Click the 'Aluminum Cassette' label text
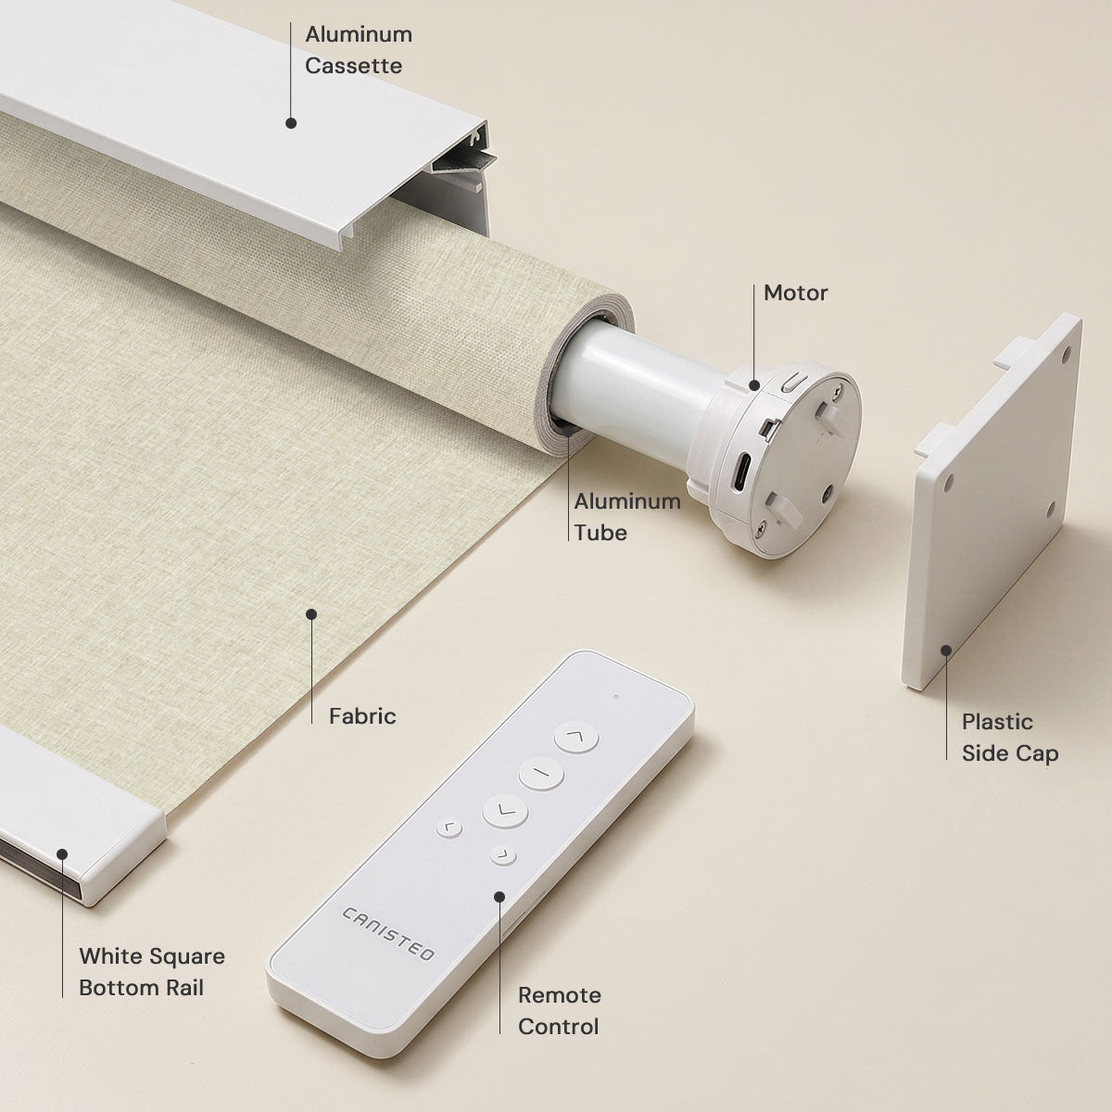[x=359, y=50]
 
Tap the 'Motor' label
[x=795, y=293]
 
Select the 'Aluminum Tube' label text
[x=627, y=517]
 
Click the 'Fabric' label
[x=362, y=716]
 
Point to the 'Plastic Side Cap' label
[x=1010, y=738]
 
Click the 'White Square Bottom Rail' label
[x=152, y=972]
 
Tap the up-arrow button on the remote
[x=575, y=737]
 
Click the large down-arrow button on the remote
[x=505, y=811]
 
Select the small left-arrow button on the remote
[x=449, y=828]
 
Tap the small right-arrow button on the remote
[x=503, y=856]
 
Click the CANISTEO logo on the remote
[x=387, y=933]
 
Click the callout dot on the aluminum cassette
[x=291, y=123]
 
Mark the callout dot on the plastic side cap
[x=946, y=651]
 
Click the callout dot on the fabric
[x=311, y=614]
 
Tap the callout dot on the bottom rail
[x=62, y=854]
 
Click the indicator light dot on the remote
[x=616, y=697]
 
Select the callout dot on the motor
[x=754, y=385]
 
